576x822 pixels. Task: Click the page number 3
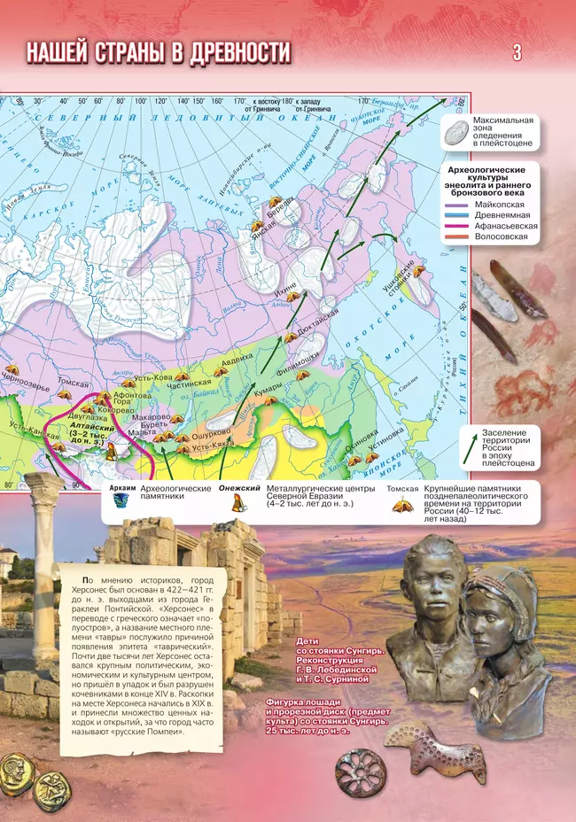pyautogui.click(x=517, y=53)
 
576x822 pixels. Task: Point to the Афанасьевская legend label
pyautogui.click(x=506, y=226)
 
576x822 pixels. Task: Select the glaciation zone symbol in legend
pyautogui.click(x=455, y=131)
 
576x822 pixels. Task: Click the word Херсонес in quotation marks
pyautogui.click(x=184, y=610)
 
